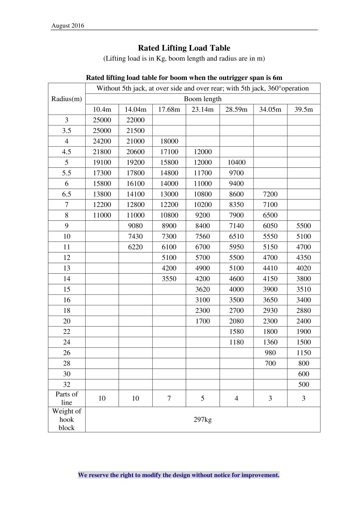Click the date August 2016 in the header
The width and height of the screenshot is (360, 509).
coord(68,26)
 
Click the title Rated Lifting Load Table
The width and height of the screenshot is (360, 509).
coord(184,48)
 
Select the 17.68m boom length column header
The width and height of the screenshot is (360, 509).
coord(169,109)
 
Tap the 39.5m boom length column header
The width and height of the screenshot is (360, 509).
coord(303,109)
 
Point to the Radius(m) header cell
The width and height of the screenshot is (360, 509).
coord(67,99)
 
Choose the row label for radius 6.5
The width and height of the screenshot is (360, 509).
coord(67,194)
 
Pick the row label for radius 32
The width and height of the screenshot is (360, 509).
coord(67,384)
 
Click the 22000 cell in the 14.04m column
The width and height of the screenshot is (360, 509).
coord(135,120)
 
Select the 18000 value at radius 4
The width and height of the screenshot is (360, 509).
coord(169,141)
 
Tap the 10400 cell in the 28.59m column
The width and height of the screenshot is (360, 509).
coord(236,162)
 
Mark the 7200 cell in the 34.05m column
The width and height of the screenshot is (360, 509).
coord(270,194)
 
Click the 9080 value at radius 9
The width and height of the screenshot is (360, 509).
coord(135,226)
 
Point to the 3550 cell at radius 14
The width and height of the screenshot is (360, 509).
coord(169,279)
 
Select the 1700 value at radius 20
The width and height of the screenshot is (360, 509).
coord(203,321)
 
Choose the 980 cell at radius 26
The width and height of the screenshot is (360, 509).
coord(270,353)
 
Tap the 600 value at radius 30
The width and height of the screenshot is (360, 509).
coord(303,374)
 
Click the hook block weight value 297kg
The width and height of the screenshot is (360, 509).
coord(203,419)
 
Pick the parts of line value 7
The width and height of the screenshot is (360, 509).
coord(169,398)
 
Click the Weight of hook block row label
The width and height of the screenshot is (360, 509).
coord(67,419)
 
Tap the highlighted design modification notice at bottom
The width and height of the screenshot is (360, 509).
coord(179,475)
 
